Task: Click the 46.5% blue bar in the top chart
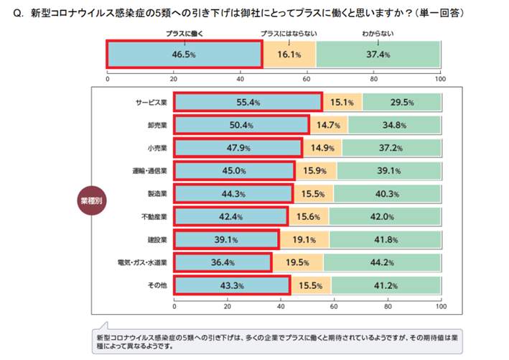coord(185,55)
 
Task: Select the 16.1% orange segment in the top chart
coord(289,55)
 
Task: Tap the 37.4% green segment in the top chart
coord(378,55)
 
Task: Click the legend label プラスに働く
coord(184,34)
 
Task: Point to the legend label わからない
coord(378,34)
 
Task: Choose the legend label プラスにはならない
coord(289,34)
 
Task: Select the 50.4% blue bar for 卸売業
coord(241,126)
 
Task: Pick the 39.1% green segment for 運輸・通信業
coord(388,172)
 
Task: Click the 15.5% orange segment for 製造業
coord(313,195)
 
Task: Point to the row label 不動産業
coord(154,218)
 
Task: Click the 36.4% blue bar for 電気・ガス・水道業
coord(223,263)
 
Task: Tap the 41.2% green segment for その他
coord(386,286)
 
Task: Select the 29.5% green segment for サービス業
coord(401,103)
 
